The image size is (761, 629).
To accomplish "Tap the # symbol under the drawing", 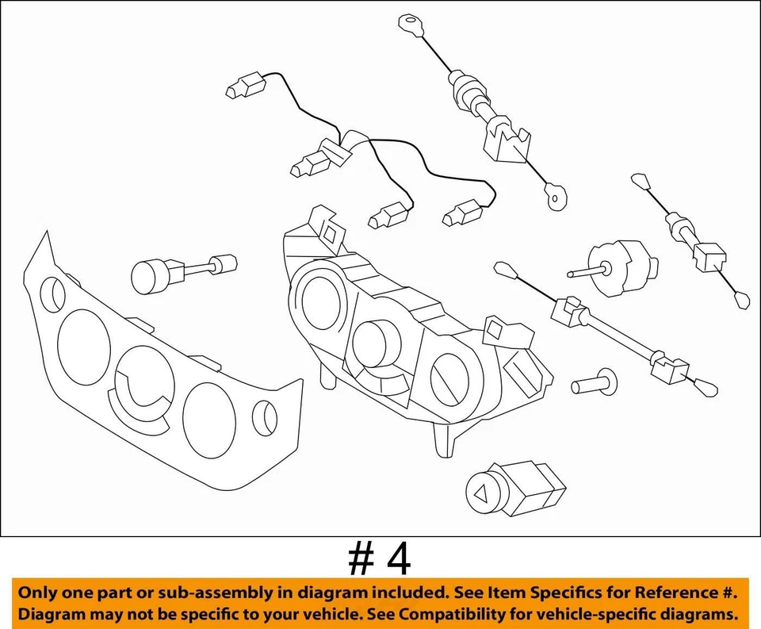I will pyautogui.click(x=361, y=558).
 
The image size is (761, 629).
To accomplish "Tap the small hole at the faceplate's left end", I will pyautogui.click(x=52, y=293).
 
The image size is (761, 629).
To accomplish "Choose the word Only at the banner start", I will pyautogui.click(x=37, y=593).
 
